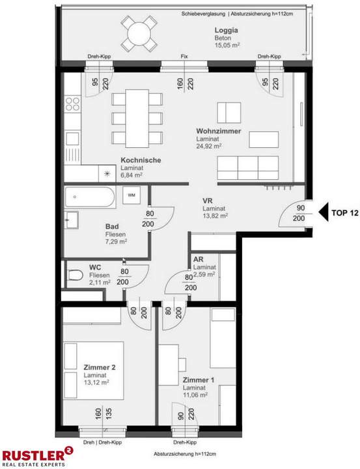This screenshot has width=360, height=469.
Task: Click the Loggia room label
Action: coord(226,30)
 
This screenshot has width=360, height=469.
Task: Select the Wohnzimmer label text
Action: coord(219,131)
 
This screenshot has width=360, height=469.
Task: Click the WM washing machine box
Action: coord(132,195)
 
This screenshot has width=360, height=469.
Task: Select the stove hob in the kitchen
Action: coord(72,104)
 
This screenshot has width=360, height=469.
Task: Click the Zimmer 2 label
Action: coord(100,368)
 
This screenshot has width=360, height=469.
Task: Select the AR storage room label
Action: coord(199,259)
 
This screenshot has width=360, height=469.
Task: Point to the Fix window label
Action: coord(184,57)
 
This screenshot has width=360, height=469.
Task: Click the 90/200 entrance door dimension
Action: coord(299,212)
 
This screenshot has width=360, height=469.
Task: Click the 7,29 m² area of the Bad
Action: coord(116,241)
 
